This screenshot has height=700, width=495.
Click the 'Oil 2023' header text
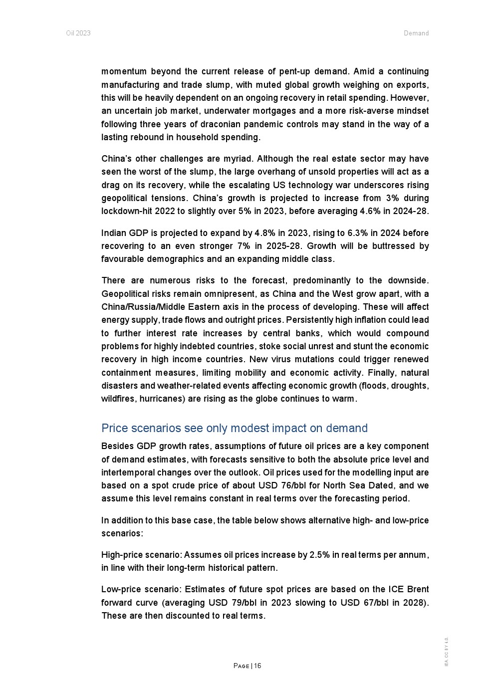[78, 33]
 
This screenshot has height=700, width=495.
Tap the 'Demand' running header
[416, 33]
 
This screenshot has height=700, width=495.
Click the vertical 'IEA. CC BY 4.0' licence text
[447, 651]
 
